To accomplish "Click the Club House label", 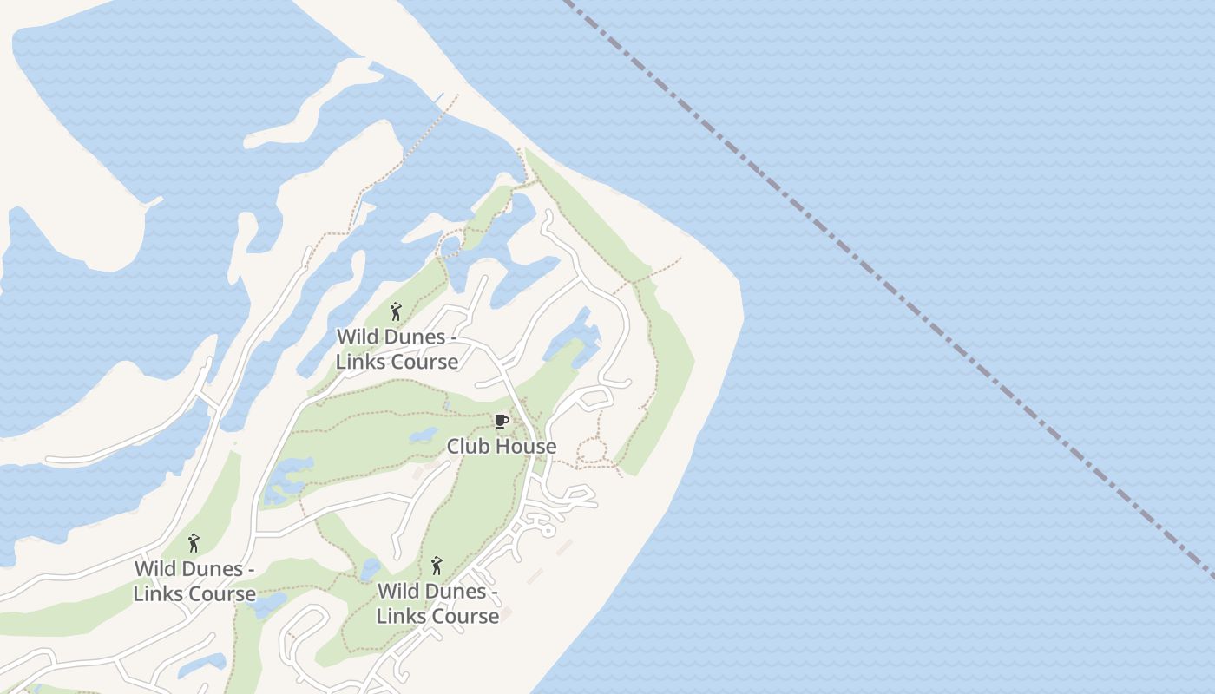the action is pyautogui.click(x=502, y=447).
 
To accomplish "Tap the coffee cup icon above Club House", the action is pyautogui.click(x=501, y=422).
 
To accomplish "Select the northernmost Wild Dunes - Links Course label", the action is pyautogui.click(x=397, y=349).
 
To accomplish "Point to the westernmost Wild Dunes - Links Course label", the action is pyautogui.click(x=194, y=581).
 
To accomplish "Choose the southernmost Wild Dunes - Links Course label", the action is pyautogui.click(x=437, y=604).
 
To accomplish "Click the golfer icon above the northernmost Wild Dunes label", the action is pyautogui.click(x=397, y=311).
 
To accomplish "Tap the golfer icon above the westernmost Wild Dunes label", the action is pyautogui.click(x=194, y=544).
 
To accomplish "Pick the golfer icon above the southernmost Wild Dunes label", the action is pyautogui.click(x=437, y=566).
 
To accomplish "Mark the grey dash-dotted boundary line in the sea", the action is pyautogui.click(x=868, y=260).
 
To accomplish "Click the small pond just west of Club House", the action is pyautogui.click(x=424, y=435).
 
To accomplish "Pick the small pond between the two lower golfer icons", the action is pyautogui.click(x=370, y=569).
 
